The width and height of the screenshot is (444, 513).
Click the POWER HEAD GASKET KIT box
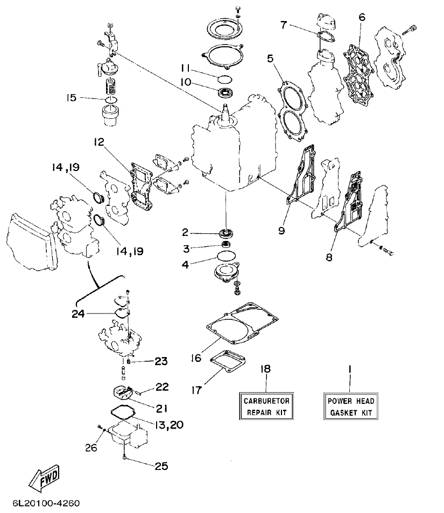coord(350,407)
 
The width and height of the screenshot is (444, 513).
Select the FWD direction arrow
coord(44,478)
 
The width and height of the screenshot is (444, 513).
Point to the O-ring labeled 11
coord(225,79)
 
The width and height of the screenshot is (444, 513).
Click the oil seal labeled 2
coord(226,233)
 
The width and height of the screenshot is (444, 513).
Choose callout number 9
coord(281,230)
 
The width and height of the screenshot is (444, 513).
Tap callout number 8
coord(329,257)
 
